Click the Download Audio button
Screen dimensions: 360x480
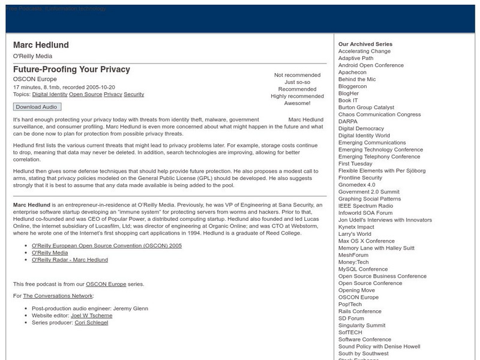click(37, 107)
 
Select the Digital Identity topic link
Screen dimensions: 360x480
click(49, 94)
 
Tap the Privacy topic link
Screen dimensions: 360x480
click(113, 94)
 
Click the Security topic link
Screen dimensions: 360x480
click(134, 94)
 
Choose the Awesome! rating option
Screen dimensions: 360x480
click(297, 104)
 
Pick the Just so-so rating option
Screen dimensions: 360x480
click(297, 82)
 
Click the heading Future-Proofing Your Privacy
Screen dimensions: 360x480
click(71, 69)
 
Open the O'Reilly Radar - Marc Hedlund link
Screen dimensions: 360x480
click(70, 260)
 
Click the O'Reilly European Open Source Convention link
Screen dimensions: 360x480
click(98, 245)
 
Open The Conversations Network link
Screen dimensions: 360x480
click(58, 296)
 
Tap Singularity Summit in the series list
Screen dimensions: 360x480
click(362, 325)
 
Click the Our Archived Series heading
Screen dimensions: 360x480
click(365, 44)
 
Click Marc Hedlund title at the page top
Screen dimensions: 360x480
click(41, 45)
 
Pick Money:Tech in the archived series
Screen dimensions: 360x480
click(353, 262)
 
